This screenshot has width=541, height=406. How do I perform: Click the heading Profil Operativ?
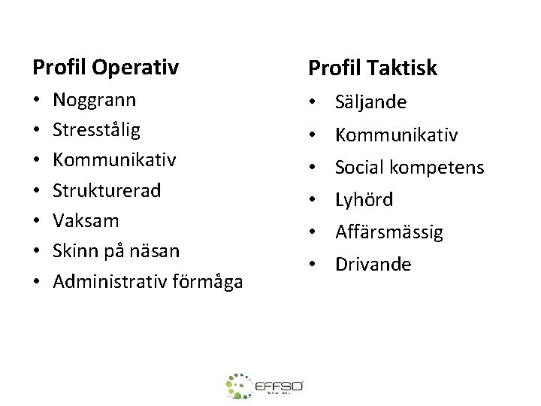[105, 68]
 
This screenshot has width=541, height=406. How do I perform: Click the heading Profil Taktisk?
[373, 68]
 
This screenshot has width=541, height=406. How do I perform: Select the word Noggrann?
[94, 100]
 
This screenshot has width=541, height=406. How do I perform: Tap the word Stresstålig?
[97, 130]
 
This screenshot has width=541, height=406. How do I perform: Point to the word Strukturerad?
[107, 190]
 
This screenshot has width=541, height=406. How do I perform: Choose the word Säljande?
[370, 101]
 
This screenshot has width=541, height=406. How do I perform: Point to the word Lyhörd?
[364, 200]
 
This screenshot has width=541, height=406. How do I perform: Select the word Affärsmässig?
[390, 232]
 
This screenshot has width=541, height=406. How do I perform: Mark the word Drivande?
[373, 264]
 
